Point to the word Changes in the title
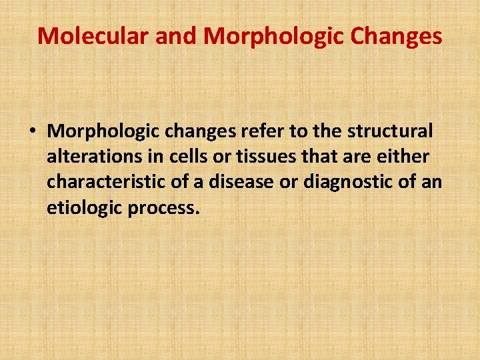pos(398,36)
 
